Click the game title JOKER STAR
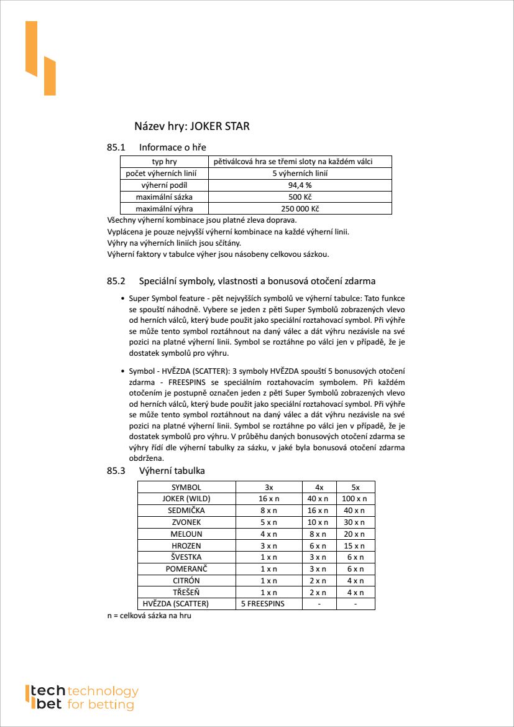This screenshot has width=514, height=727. [219, 127]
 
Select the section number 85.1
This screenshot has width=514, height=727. [116, 147]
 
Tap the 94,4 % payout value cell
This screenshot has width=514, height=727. [300, 185]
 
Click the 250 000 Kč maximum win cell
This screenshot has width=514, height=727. [300, 209]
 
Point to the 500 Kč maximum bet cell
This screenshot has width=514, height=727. [300, 197]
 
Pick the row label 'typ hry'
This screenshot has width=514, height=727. [164, 162]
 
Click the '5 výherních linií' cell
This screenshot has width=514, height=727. [300, 174]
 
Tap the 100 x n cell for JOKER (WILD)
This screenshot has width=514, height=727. [355, 499]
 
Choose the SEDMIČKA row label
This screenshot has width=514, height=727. [186, 511]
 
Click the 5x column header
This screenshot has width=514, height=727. [355, 488]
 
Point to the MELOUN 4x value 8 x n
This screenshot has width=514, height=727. [319, 534]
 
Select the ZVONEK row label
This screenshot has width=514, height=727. [186, 522]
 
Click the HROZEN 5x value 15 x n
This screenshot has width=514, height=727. [355, 545]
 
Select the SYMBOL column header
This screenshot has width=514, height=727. [186, 488]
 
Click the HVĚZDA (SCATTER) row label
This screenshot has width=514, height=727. [176, 604]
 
